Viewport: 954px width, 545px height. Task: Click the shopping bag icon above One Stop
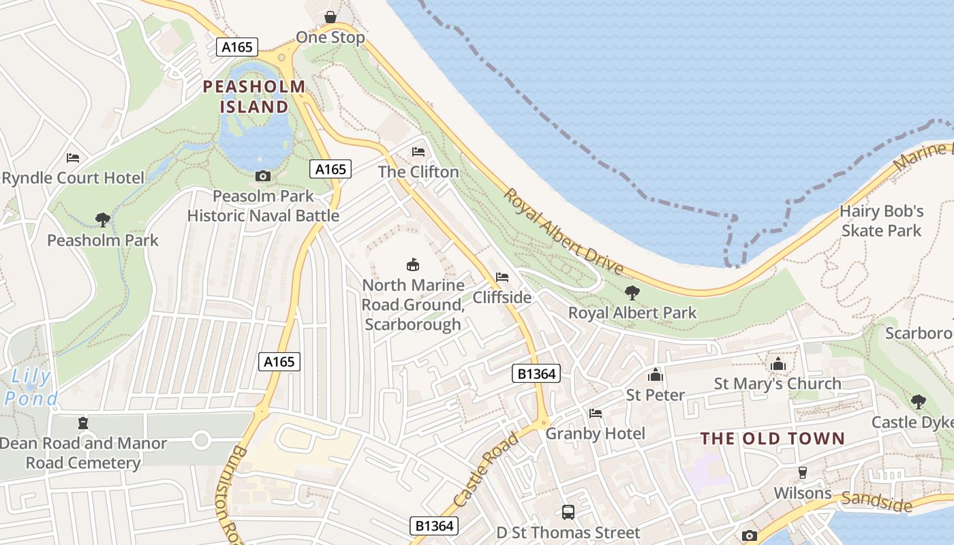(x=330, y=17)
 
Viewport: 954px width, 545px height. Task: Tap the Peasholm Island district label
(x=254, y=97)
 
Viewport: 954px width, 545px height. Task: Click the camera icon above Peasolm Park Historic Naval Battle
(x=262, y=176)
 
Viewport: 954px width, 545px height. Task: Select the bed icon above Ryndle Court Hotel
(x=73, y=158)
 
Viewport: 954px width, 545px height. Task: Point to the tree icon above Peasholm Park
(x=103, y=220)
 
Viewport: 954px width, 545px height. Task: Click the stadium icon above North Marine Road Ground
(x=412, y=264)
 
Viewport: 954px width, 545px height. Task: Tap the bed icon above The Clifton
(x=418, y=152)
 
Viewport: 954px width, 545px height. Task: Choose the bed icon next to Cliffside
(x=502, y=277)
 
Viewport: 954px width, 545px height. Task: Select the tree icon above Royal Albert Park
(x=632, y=293)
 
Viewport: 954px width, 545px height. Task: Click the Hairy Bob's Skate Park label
(x=881, y=221)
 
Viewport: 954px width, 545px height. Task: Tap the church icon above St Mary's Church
(x=778, y=364)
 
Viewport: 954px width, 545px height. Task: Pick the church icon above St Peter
(x=656, y=375)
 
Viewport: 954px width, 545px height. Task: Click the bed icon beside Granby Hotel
(x=596, y=414)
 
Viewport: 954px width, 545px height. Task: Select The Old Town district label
(x=773, y=439)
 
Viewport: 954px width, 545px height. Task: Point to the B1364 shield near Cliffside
(x=536, y=373)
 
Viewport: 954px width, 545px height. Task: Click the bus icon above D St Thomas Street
(x=568, y=512)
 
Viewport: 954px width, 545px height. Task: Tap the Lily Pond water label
(x=31, y=387)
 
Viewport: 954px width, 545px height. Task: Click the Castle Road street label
(x=486, y=469)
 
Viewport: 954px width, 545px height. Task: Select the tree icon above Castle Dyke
(x=919, y=401)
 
